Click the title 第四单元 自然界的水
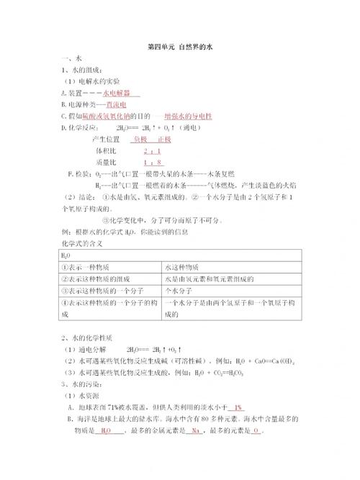(x=180, y=47)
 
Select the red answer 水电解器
(x=122, y=94)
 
